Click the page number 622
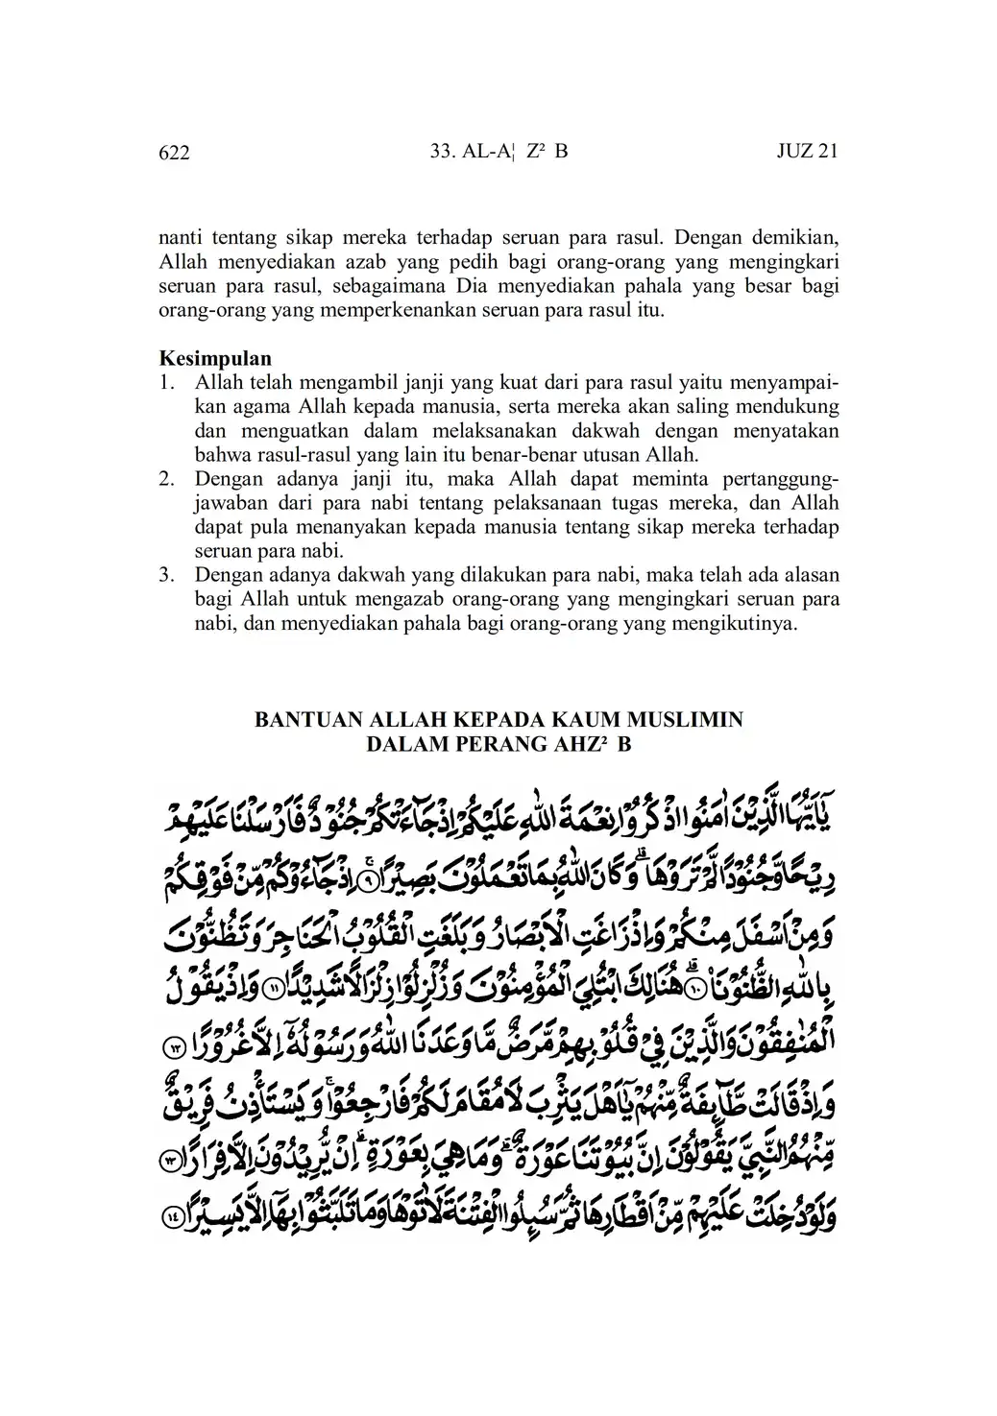click(174, 153)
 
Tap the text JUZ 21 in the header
click(806, 152)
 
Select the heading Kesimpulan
click(214, 360)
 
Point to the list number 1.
click(167, 383)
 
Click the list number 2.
click(167, 479)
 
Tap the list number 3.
click(167, 575)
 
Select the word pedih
click(476, 260)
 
